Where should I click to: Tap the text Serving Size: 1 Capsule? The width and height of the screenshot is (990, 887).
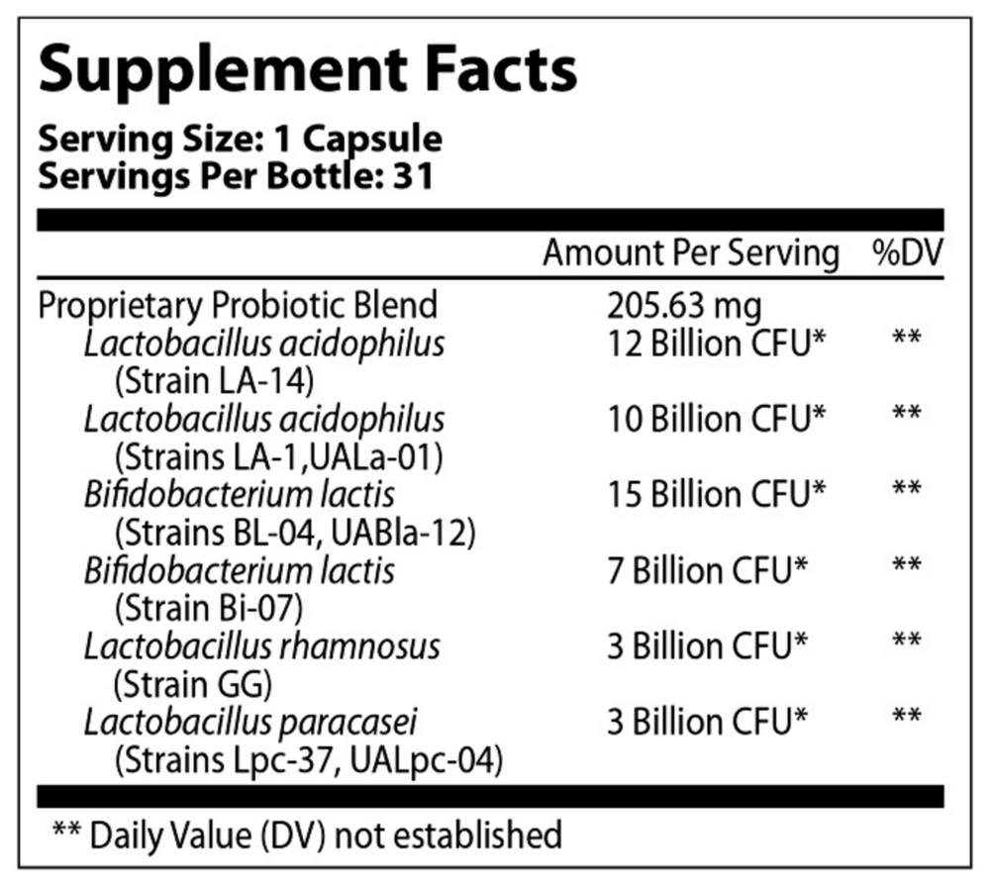pos(240,140)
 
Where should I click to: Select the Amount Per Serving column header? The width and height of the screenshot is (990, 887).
pos(690,253)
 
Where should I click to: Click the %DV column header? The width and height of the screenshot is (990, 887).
pos(907,253)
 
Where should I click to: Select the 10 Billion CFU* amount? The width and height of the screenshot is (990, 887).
pos(717,419)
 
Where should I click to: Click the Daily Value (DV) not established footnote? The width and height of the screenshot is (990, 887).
pos(306,835)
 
